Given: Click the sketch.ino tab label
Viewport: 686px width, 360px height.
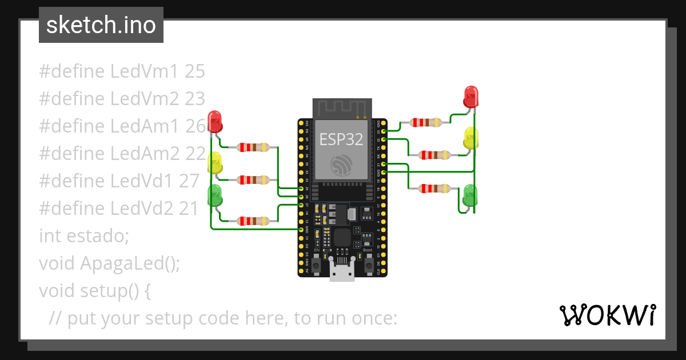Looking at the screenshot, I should pyautogui.click(x=101, y=25).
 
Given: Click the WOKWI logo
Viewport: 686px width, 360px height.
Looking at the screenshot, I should pyautogui.click(x=607, y=315).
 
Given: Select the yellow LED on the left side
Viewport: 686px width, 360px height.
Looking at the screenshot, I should pyautogui.click(x=215, y=163).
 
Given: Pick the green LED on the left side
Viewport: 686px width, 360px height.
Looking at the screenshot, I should pyautogui.click(x=215, y=195).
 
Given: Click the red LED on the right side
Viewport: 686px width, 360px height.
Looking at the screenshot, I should pyautogui.click(x=471, y=97).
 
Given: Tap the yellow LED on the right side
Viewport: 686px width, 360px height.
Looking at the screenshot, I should pyautogui.click(x=471, y=138).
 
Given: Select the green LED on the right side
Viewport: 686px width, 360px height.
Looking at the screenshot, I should pyautogui.click(x=470, y=195).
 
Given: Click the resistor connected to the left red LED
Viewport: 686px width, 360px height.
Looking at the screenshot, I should pyautogui.click(x=253, y=147).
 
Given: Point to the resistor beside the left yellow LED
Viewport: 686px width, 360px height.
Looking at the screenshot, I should pyautogui.click(x=253, y=180).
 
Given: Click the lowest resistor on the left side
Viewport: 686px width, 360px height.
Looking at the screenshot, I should pyautogui.click(x=253, y=221).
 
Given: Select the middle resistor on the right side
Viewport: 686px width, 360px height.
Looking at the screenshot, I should pyautogui.click(x=434, y=155).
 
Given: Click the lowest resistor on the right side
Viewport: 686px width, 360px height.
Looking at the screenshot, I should pyautogui.click(x=434, y=188).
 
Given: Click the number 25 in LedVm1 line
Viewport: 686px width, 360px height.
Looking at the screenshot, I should pyautogui.click(x=195, y=71).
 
